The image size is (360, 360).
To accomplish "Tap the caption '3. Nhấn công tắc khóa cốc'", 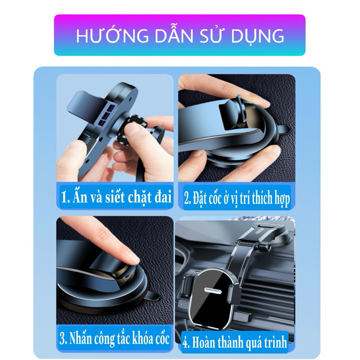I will click(x=115, y=338).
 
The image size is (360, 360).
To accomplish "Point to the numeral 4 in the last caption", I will click(x=185, y=342).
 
